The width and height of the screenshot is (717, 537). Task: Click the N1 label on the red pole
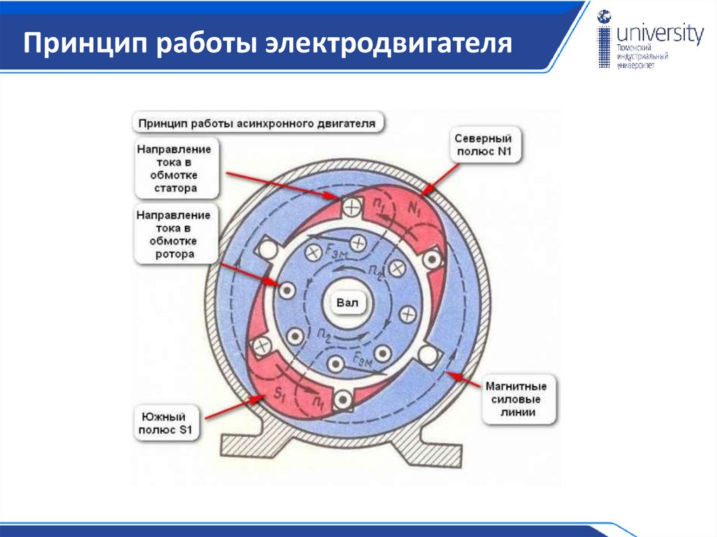pos(414,208)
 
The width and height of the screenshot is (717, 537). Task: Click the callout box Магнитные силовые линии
pos(519,399)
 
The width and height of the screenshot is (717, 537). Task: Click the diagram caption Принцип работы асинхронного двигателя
pos(258,123)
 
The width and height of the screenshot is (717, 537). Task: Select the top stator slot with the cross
pos(352,207)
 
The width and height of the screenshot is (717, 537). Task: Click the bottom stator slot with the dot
pos(342,399)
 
